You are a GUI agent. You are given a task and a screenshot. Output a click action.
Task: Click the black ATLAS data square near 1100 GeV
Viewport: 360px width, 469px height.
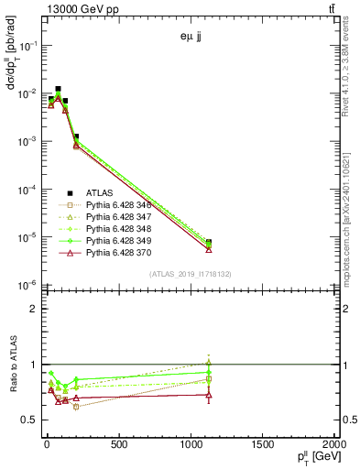[209, 243]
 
